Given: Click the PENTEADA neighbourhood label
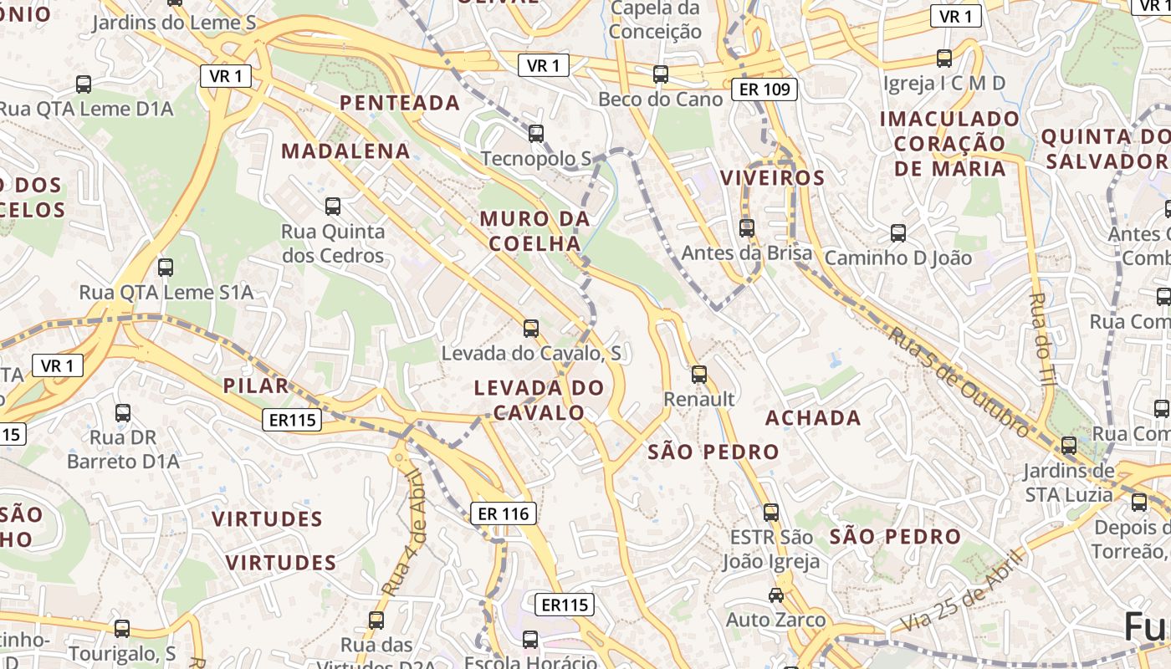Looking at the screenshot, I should pos(399,103).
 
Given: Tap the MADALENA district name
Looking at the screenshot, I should pos(345,151).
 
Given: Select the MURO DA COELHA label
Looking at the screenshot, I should pos(534,232).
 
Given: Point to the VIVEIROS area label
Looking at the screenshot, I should pos(772,178).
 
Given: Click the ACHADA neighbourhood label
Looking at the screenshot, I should pos(813,417).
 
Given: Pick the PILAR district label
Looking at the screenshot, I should pos(256,386).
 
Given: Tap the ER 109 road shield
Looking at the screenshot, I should pos(764,89).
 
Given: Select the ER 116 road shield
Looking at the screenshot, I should pos(504,513).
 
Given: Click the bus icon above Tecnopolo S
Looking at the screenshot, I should pos(536,133).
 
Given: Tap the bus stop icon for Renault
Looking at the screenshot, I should pos(699,374).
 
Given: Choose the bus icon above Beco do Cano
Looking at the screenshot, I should pos(661,74).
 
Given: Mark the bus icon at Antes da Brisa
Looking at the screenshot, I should pos(747,227).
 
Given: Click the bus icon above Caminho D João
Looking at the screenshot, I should pos(898,232).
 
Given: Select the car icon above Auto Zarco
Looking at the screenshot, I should pos(776,595).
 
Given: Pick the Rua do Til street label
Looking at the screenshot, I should pos(1041,339).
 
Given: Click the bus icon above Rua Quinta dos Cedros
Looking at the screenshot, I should pos(333,206).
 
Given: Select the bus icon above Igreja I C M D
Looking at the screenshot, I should pos(944,58).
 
